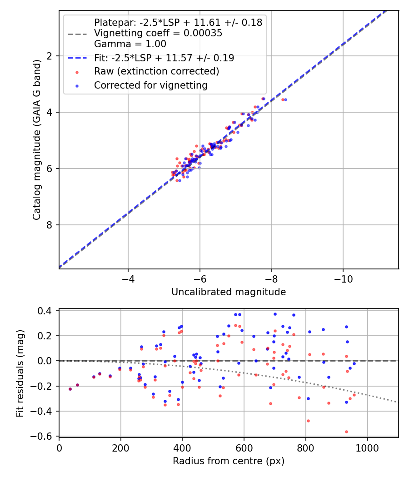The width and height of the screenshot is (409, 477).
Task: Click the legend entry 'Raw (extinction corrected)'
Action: click(x=156, y=71)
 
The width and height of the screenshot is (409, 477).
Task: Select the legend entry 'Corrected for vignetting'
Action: click(x=150, y=85)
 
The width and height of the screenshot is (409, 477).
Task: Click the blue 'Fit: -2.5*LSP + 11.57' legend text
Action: click(x=164, y=58)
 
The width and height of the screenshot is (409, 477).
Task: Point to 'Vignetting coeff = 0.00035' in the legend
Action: click(x=158, y=33)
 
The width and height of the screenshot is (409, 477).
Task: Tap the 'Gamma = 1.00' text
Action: click(x=130, y=44)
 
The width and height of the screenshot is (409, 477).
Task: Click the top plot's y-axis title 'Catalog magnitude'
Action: click(x=37, y=139)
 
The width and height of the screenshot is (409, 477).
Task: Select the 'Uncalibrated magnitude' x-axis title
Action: click(x=229, y=292)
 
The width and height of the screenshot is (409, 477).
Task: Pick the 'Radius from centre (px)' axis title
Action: click(x=229, y=461)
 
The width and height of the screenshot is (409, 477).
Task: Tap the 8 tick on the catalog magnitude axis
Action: click(x=50, y=225)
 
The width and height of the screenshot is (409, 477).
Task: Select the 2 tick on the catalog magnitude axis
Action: click(x=50, y=56)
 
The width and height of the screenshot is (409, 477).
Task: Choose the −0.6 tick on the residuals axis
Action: click(x=44, y=436)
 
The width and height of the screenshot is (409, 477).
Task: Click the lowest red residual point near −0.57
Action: click(x=346, y=432)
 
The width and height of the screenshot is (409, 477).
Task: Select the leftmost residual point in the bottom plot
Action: click(x=70, y=389)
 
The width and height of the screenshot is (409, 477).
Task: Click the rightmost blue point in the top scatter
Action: click(x=285, y=99)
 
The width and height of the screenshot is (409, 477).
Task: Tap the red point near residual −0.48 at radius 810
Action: click(x=308, y=421)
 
